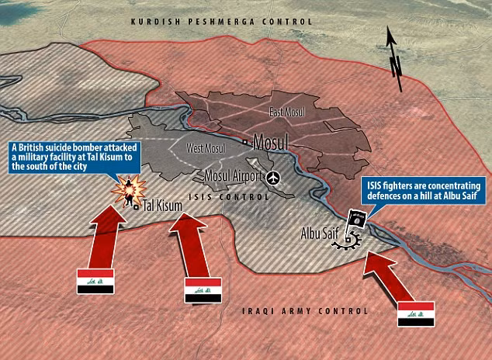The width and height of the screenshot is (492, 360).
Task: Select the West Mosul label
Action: [206, 147]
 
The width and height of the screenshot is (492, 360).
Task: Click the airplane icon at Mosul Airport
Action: [272, 178]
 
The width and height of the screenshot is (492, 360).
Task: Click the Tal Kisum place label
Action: [161, 206]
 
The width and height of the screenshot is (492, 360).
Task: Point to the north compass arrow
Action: [393, 54]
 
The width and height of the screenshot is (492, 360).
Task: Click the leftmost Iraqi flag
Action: [95, 282]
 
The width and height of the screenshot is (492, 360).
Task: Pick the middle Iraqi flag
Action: [203, 290]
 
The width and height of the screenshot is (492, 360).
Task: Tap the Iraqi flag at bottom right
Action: [417, 314]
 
